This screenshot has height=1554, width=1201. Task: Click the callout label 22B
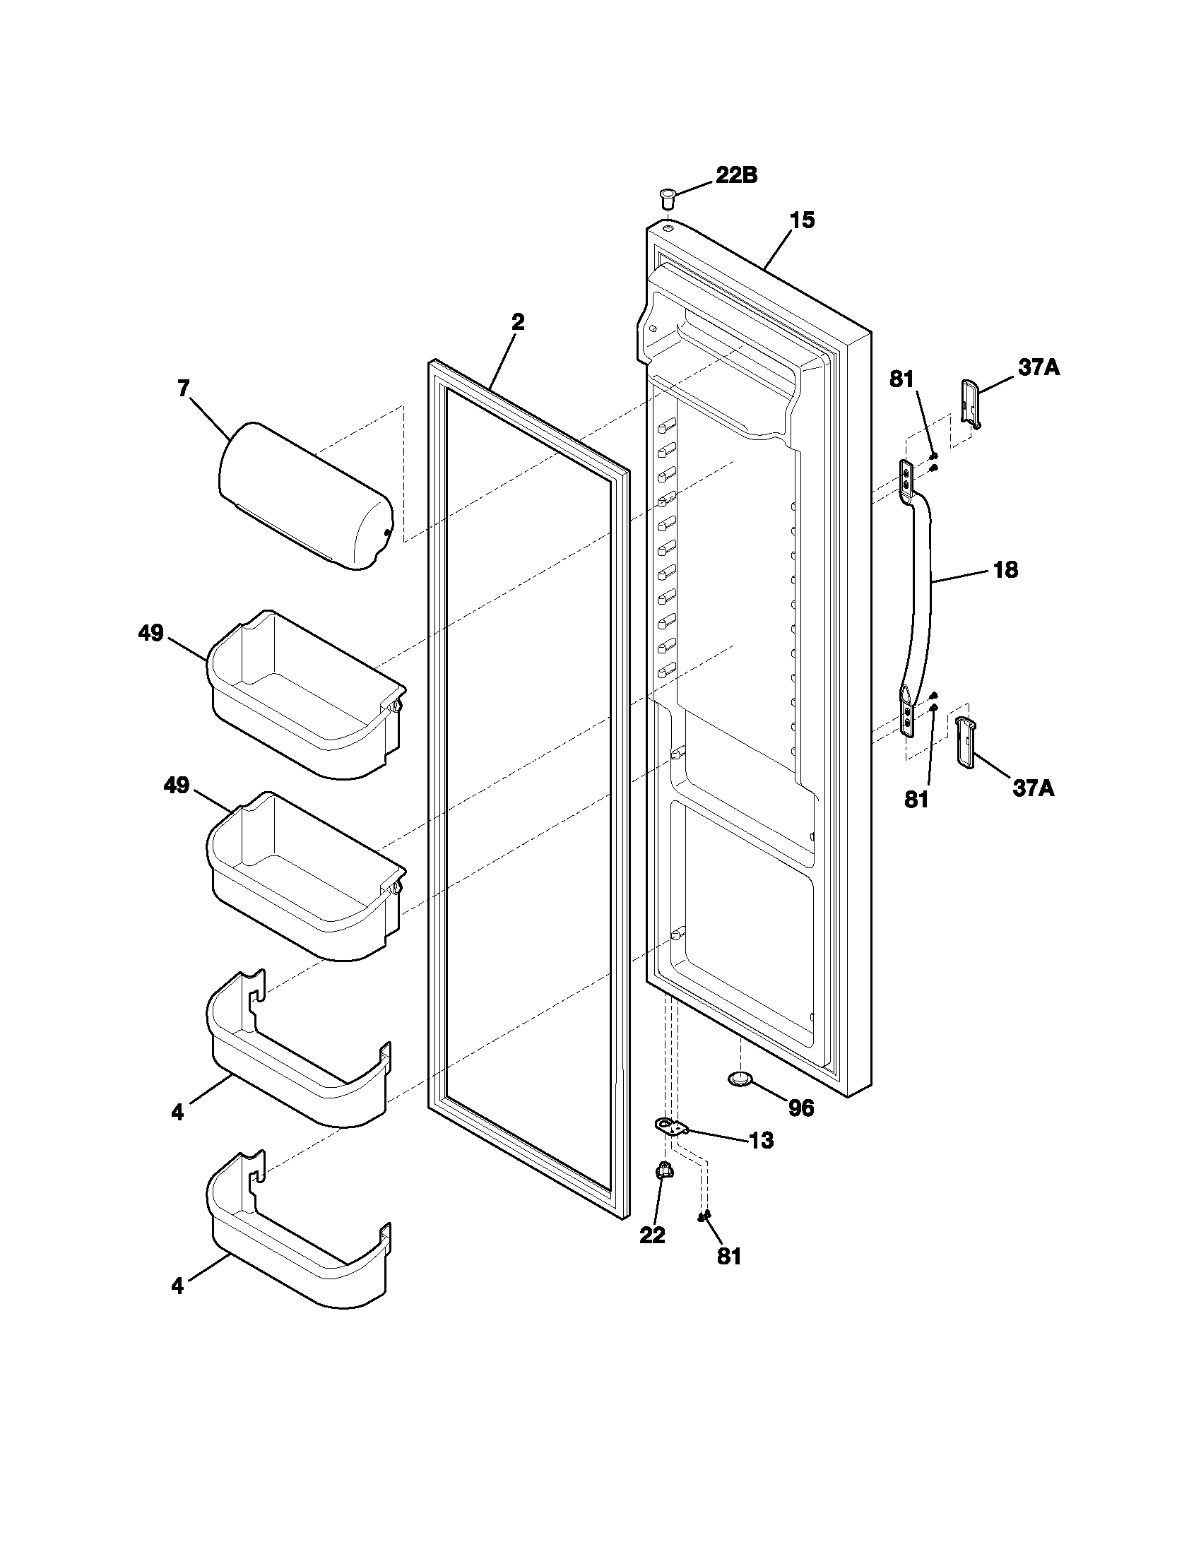(x=735, y=175)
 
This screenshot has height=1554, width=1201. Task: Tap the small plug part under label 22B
(x=667, y=197)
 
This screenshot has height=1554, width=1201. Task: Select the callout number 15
(x=802, y=220)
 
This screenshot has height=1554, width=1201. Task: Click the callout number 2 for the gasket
(x=518, y=322)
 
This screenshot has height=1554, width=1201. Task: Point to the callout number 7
(x=184, y=389)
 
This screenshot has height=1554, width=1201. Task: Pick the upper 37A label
(x=1038, y=368)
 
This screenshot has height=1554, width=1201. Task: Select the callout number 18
(x=1005, y=570)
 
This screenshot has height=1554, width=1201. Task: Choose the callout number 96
(x=801, y=1108)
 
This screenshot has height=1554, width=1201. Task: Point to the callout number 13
(x=761, y=1141)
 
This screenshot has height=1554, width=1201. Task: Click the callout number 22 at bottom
(x=652, y=1236)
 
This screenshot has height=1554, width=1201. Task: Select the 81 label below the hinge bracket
(x=728, y=1257)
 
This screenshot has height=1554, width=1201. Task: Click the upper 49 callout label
(x=151, y=633)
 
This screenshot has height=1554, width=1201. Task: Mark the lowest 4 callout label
(x=177, y=1286)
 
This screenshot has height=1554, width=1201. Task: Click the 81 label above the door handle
(x=901, y=380)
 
